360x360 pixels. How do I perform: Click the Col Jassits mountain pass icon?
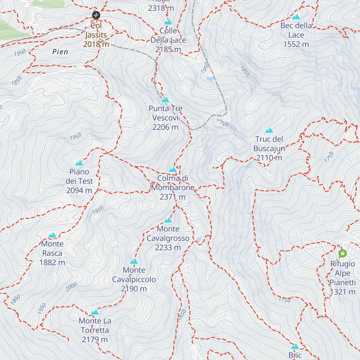tap(96, 15)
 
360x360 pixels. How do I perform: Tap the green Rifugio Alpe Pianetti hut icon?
tap(343, 253)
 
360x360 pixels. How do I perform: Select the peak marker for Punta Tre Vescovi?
tap(165, 100)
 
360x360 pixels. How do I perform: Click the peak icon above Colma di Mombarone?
tap(172, 170)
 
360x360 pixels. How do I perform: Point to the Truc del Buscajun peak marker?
tap(269, 130)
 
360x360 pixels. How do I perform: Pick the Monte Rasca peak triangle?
tap(52, 235)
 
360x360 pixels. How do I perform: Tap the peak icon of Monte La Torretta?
tap(95, 312)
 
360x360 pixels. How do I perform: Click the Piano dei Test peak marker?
tap(79, 163)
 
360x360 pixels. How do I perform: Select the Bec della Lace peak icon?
tap(296, 17)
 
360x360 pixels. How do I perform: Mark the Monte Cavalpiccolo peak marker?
tap(134, 262)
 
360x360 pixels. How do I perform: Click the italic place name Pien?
tap(60, 52)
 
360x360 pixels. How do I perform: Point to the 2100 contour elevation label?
tap(223, 122)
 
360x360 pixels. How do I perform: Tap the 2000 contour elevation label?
tap(71, 287)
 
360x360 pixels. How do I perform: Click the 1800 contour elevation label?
tap(15, 299)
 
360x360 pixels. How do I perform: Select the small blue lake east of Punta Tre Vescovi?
tap(210, 79)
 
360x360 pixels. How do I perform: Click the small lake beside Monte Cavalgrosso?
tap(199, 239)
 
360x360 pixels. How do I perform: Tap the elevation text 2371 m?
tap(172, 197)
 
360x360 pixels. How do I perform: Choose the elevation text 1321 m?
tap(343, 292)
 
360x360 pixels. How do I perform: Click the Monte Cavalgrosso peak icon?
tap(168, 220)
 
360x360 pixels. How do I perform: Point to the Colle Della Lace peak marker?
tap(168, 22)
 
